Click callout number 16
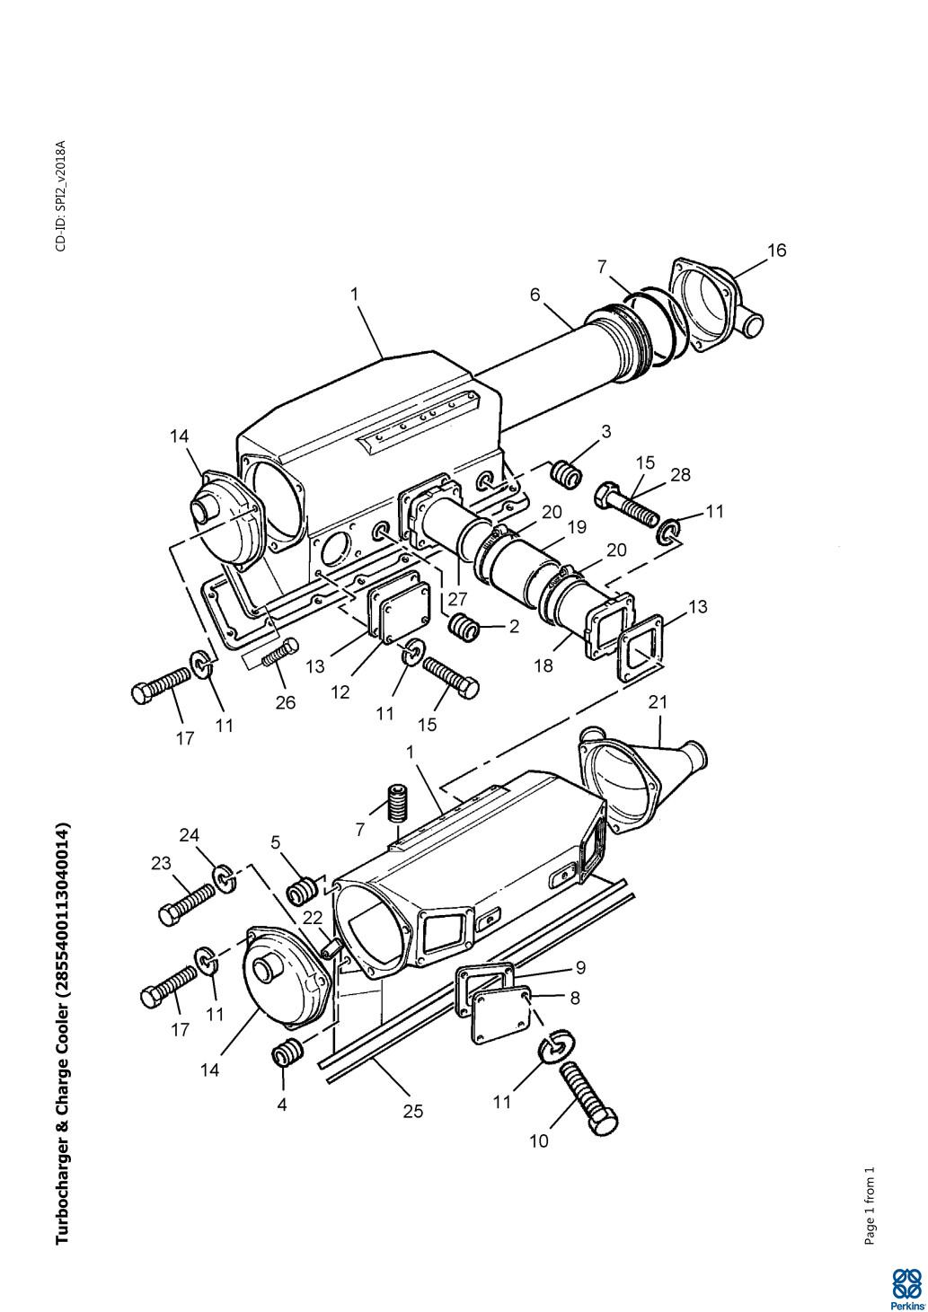777,251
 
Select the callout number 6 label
535,294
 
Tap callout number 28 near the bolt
681,474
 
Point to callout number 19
577,527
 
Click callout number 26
286,702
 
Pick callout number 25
413,1111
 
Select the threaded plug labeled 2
464,629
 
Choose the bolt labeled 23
186,905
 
